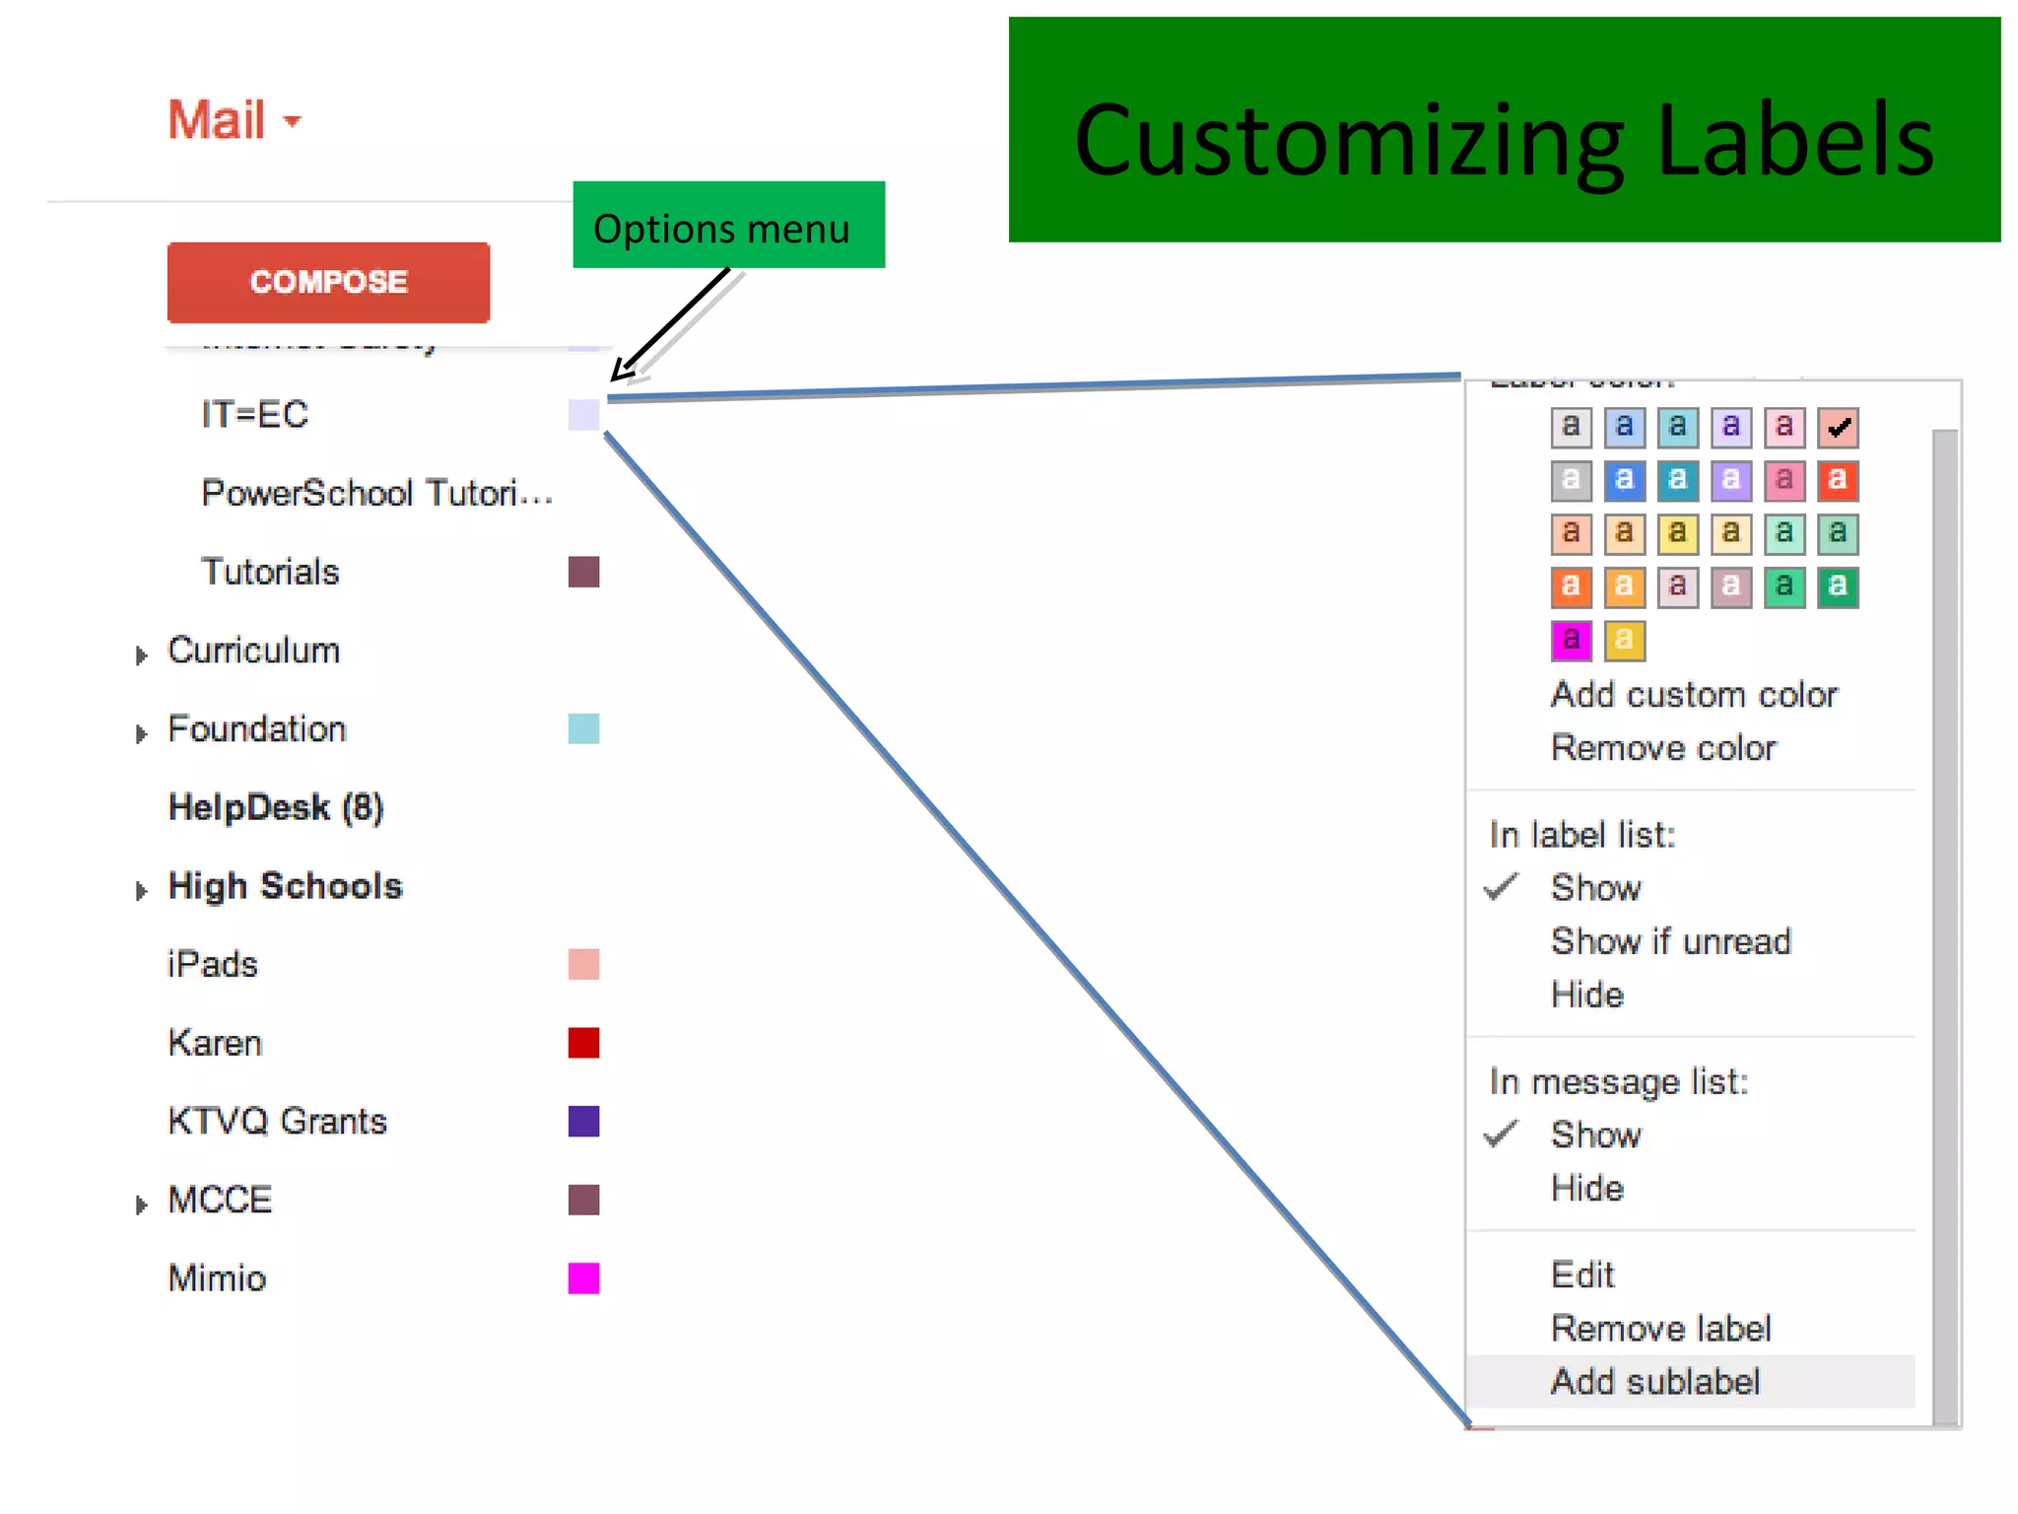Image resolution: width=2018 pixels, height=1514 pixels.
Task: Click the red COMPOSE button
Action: pyautogui.click(x=328, y=282)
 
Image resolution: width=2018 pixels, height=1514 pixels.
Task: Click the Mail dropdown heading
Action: pyautogui.click(x=234, y=120)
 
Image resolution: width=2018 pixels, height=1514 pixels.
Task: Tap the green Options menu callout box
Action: pyautogui.click(x=728, y=226)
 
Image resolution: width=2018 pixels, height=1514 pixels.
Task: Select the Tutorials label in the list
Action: pyautogui.click(x=270, y=572)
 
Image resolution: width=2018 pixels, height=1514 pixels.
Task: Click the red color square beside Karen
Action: pyautogui.click(x=583, y=1043)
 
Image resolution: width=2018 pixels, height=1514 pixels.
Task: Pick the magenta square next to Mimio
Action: pyautogui.click(x=583, y=1278)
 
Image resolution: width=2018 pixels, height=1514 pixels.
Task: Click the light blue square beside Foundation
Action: pyautogui.click(x=583, y=729)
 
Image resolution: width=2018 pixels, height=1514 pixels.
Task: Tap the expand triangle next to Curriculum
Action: pyautogui.click(x=142, y=654)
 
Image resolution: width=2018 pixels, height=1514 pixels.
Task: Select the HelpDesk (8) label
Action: pyautogui.click(x=275, y=807)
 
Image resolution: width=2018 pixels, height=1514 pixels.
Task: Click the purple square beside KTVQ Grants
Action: pyautogui.click(x=583, y=1122)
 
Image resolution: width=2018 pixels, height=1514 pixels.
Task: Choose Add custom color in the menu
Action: pyautogui.click(x=1694, y=695)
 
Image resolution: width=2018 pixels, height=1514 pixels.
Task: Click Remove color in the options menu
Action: pyautogui.click(x=1663, y=748)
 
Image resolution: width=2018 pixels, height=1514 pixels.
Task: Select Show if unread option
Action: pyautogui.click(x=1670, y=941)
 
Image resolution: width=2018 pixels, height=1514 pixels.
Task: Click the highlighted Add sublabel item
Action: pyautogui.click(x=1654, y=1382)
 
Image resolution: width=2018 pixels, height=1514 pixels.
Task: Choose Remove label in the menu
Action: pyautogui.click(x=1660, y=1329)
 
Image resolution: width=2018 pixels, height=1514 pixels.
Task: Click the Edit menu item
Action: pyautogui.click(x=1582, y=1275)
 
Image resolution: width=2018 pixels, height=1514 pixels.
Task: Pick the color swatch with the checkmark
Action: pyautogui.click(x=1838, y=428)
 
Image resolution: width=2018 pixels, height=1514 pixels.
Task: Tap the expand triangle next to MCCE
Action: pyautogui.click(x=142, y=1204)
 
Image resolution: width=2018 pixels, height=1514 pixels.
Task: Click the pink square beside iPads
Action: pyautogui.click(x=583, y=964)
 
